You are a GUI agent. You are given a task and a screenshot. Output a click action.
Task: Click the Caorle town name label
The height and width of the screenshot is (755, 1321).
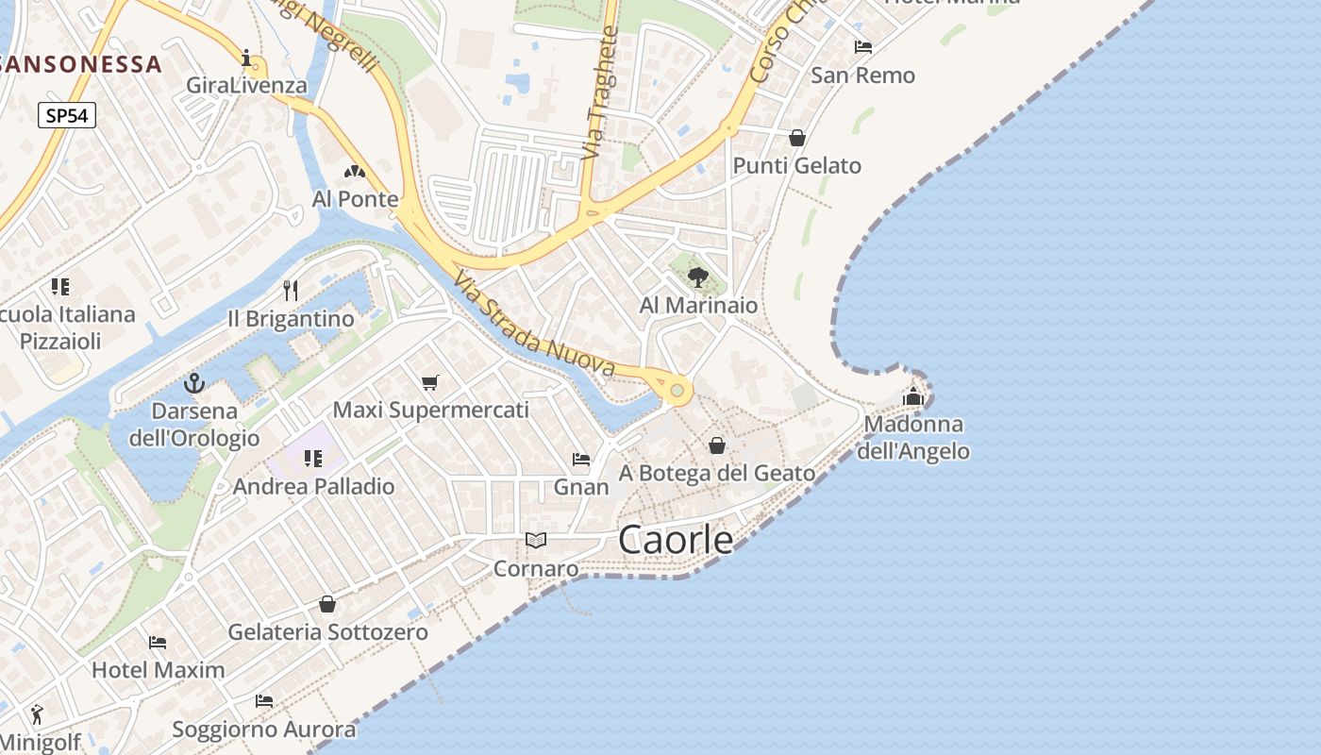676,540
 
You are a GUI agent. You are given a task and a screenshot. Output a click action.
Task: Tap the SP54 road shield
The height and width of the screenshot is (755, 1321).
67,115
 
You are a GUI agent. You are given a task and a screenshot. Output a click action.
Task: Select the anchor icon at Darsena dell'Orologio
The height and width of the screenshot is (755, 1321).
194,383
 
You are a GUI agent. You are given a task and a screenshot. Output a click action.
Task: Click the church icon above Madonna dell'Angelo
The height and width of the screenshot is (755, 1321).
912,396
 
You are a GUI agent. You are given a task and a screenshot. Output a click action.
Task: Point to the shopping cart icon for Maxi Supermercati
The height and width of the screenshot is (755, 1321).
430,382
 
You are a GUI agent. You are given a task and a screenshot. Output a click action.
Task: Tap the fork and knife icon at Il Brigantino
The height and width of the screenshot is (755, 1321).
291,290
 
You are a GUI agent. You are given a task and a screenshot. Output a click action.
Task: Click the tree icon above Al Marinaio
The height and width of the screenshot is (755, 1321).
698,277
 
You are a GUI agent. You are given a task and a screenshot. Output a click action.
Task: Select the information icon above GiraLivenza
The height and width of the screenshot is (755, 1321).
247,59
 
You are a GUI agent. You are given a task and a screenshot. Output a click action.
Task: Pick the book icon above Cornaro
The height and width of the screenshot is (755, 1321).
536,541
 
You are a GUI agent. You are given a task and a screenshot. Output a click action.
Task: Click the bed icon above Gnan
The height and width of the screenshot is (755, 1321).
581,460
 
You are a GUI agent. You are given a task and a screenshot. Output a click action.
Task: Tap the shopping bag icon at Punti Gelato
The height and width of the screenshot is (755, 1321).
797,138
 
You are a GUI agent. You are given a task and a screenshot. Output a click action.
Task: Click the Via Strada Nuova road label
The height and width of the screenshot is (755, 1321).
533,326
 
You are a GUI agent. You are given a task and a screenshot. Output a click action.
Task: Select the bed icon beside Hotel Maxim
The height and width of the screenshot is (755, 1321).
158,643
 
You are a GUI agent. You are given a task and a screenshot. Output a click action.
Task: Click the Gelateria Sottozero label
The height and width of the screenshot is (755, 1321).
328,632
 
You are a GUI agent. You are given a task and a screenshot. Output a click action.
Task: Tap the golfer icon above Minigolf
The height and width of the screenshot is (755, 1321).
37,713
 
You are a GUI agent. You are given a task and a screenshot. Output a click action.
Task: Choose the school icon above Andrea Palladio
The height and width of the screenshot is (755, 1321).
313,459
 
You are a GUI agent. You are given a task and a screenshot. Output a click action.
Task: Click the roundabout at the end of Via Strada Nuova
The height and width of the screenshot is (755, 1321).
677,390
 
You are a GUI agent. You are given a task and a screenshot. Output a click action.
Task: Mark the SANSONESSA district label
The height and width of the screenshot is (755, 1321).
81,64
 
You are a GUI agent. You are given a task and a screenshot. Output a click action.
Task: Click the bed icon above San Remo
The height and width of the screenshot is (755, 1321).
863,47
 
